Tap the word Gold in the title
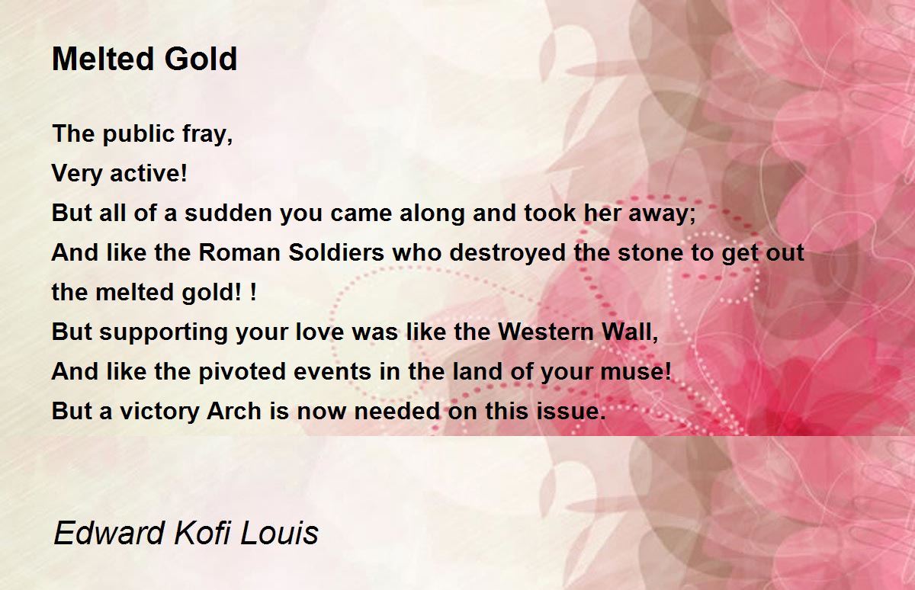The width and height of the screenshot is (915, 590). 201,59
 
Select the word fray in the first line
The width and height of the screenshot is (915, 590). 204,134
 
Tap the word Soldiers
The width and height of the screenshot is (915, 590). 336,253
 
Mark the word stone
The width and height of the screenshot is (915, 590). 650,253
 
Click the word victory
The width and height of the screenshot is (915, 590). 159,412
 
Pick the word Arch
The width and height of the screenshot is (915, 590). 234,411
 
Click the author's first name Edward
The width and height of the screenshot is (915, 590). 109,533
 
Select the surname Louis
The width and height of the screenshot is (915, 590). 279,533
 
